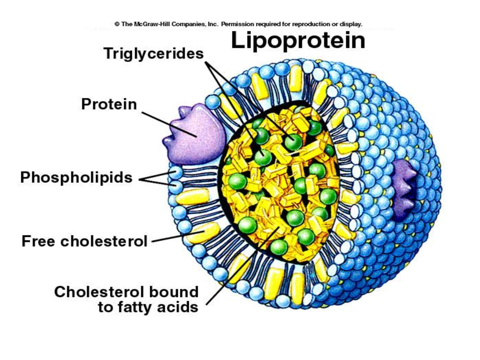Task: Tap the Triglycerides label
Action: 154,53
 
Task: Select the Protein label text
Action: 109,104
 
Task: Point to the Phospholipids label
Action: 76,178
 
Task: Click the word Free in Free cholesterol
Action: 38,241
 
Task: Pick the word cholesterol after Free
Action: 104,241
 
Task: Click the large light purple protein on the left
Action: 194,134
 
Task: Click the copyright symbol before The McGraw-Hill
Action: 117,24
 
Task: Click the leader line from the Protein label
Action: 169,125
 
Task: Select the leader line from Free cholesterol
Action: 178,236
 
